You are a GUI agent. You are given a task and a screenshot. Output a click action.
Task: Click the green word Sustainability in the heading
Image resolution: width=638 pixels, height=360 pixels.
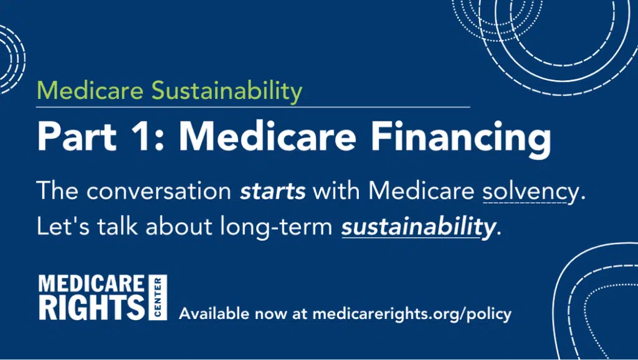click(x=227, y=91)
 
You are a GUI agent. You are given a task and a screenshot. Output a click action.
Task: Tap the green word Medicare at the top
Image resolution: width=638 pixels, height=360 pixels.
click(x=90, y=90)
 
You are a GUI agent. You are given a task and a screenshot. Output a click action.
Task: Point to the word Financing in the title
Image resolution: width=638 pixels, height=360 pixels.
click(x=461, y=140)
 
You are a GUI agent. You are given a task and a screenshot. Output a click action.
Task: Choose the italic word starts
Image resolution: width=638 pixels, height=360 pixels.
click(x=273, y=191)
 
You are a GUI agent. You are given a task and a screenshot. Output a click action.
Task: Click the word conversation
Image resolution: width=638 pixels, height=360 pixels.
click(x=159, y=191)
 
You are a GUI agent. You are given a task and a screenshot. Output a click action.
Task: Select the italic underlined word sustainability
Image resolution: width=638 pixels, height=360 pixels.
click(x=418, y=227)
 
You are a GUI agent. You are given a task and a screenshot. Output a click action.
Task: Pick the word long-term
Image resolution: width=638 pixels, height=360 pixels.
click(x=276, y=227)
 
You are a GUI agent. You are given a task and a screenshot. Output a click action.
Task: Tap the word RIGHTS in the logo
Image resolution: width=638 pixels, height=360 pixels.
click(x=92, y=307)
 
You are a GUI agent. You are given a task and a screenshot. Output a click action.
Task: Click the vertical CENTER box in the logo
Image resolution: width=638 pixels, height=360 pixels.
click(x=158, y=297)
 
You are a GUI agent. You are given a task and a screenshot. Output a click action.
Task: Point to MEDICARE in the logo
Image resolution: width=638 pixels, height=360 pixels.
click(x=92, y=283)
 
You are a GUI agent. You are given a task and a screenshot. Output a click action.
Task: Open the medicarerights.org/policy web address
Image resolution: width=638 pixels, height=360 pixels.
click(x=412, y=315)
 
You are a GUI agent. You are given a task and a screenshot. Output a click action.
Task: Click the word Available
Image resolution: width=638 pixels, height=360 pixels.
click(x=214, y=314)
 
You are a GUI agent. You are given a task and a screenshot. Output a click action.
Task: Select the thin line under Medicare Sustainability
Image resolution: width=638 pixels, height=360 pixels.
click(x=253, y=107)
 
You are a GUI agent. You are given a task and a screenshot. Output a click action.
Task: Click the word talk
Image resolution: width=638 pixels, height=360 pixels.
click(x=118, y=226)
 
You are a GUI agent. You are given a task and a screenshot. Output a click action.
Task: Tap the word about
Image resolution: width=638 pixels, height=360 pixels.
click(x=179, y=226)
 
